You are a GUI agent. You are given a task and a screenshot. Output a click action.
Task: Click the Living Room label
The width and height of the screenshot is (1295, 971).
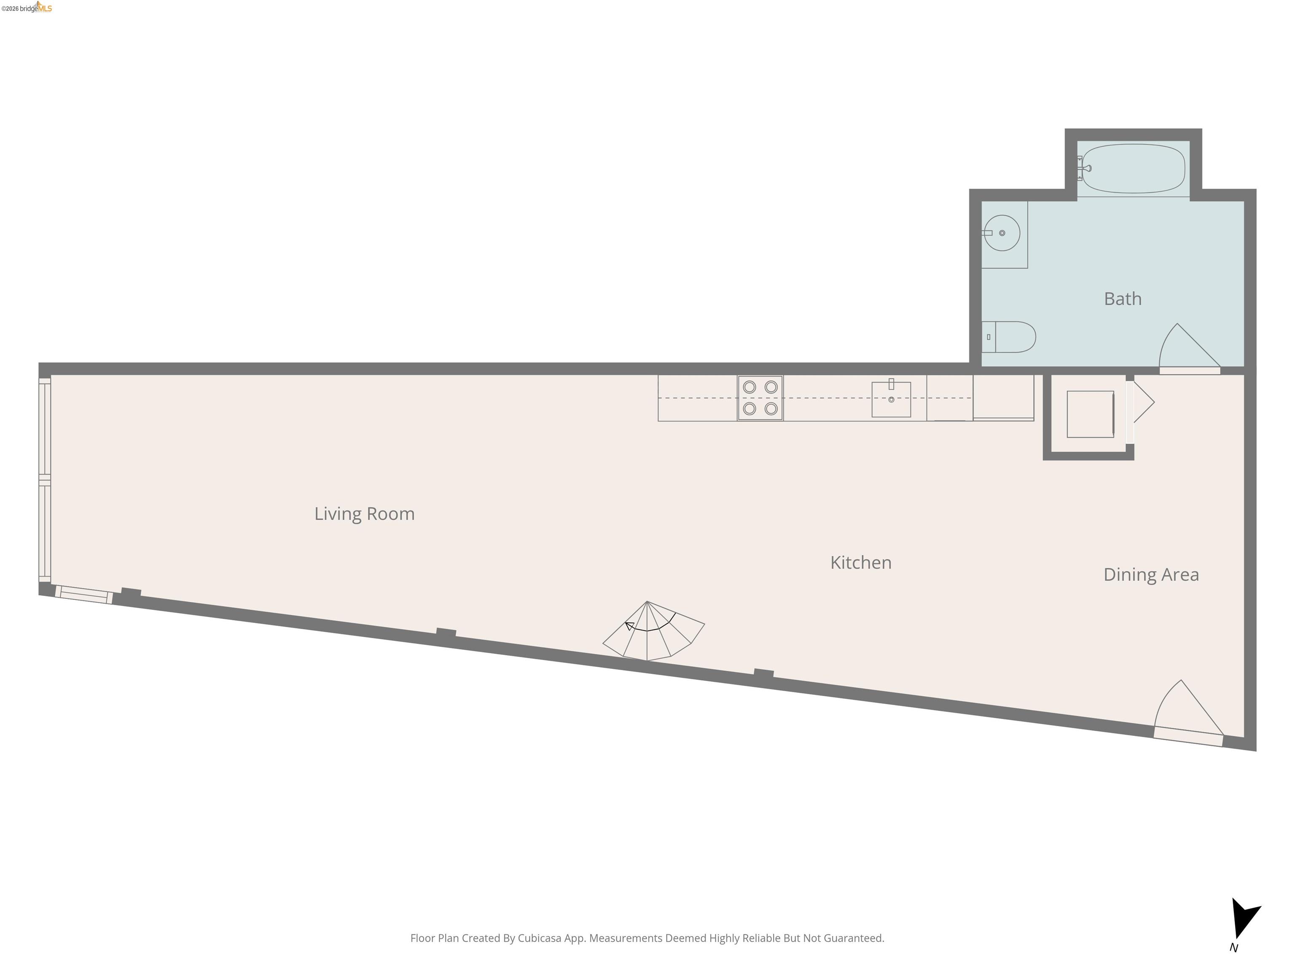(364, 513)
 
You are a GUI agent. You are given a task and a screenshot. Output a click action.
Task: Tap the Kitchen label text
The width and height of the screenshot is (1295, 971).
(861, 563)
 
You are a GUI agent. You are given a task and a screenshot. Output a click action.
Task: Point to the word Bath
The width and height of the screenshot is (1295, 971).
(1122, 298)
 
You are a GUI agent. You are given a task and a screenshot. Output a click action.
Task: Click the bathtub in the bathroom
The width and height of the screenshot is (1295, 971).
(1134, 169)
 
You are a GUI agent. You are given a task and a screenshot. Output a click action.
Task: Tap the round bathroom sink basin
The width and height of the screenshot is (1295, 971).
(1002, 233)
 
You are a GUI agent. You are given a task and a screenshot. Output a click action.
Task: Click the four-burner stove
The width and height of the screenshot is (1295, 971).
(760, 398)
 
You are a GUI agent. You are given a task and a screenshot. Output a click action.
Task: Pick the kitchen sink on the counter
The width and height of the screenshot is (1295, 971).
(891, 399)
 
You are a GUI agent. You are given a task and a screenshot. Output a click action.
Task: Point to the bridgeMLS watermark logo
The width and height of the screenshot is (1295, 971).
(27, 8)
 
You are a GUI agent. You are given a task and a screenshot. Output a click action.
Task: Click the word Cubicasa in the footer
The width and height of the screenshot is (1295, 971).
(539, 938)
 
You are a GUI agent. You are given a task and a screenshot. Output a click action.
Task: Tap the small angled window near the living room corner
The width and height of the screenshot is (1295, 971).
(84, 595)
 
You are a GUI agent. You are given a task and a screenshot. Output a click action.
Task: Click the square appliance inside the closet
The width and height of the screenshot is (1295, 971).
(1090, 414)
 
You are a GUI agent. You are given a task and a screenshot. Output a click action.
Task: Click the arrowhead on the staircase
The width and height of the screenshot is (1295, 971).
(629, 626)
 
